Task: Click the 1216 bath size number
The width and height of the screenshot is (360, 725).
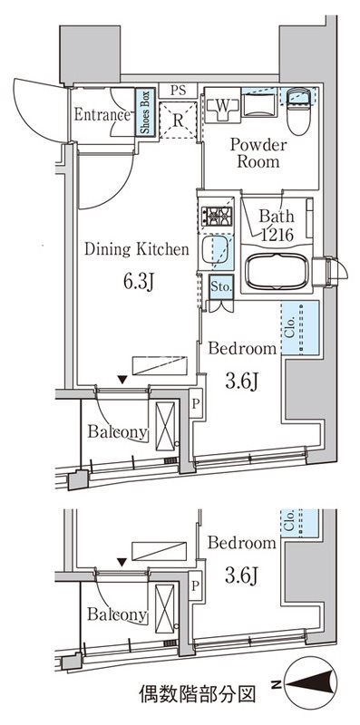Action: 274,235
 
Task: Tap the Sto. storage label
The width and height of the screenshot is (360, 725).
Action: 221,286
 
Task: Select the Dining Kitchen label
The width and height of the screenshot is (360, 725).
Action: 137,247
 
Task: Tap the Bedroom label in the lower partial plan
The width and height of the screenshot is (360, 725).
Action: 240,544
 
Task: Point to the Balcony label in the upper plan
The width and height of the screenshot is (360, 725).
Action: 117,432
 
